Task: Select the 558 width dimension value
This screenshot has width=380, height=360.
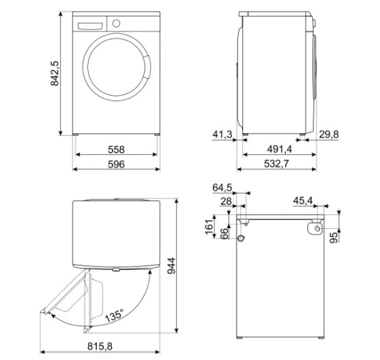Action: point(115,149)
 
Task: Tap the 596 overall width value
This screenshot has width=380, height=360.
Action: point(115,166)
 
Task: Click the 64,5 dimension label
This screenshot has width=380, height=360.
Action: point(223,187)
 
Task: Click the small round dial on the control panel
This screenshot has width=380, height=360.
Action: point(115,23)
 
